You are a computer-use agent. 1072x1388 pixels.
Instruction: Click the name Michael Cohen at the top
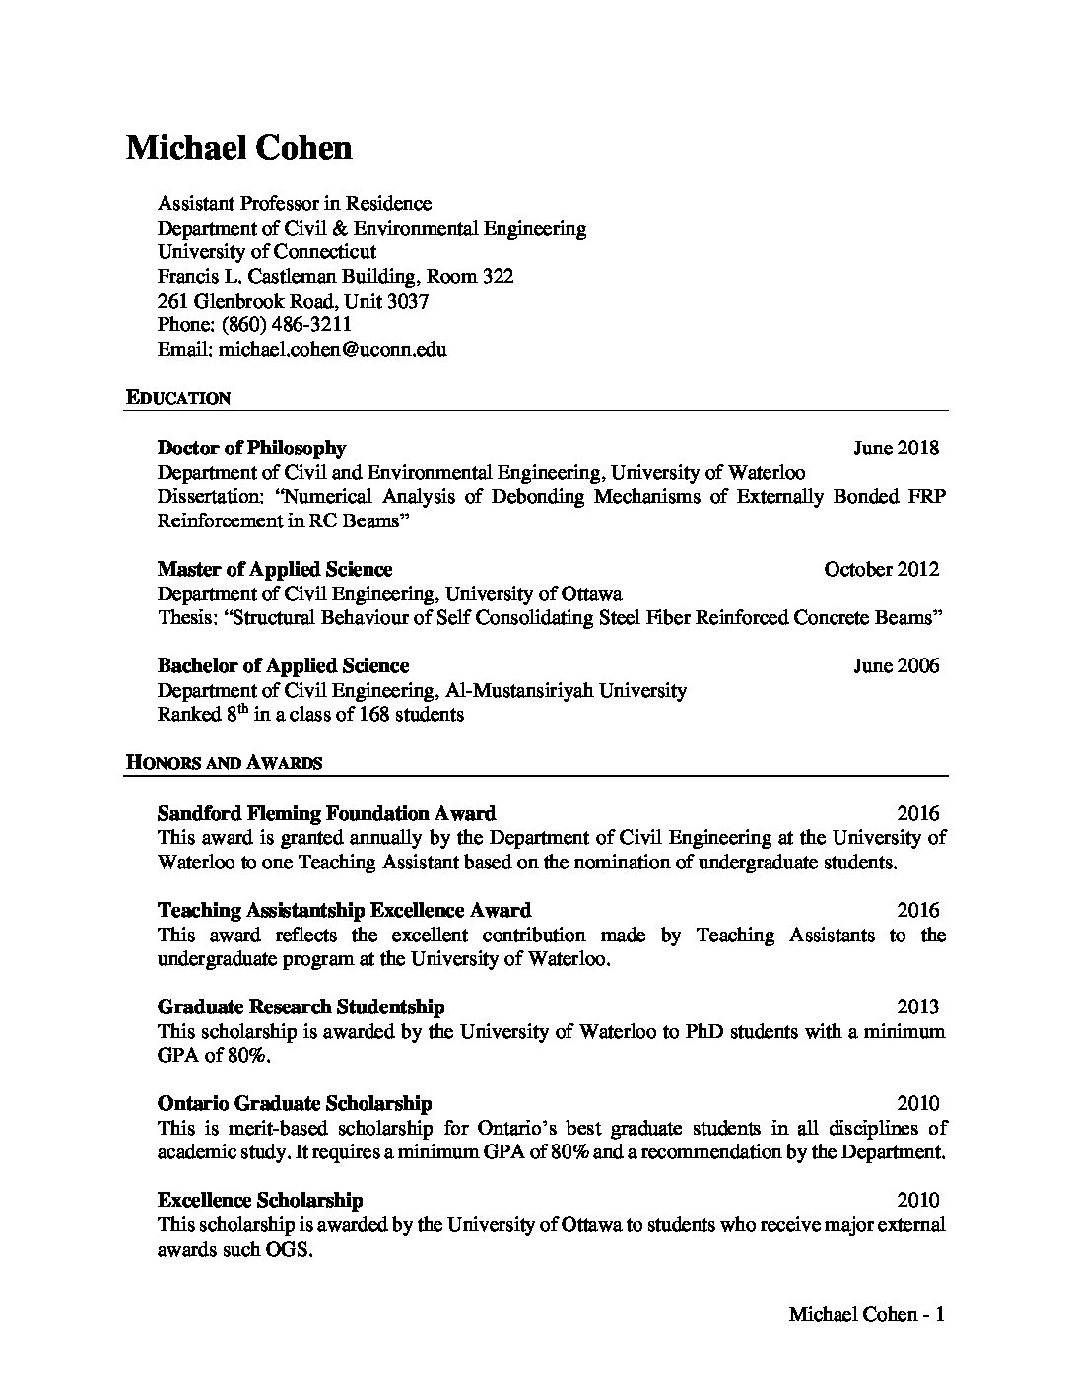pyautogui.click(x=239, y=148)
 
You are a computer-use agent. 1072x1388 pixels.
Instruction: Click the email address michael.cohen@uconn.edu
pyautogui.click(x=333, y=349)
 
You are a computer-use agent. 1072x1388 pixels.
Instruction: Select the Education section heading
pyautogui.click(x=178, y=398)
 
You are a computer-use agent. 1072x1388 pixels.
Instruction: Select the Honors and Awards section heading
pyautogui.click(x=224, y=762)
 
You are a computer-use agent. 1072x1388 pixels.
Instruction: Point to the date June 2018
pyautogui.click(x=896, y=448)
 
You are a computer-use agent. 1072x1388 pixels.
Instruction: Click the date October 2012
pyautogui.click(x=882, y=569)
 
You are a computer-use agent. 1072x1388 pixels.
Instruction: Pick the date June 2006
pyautogui.click(x=896, y=665)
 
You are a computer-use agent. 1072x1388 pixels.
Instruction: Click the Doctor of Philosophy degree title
pyautogui.click(x=251, y=448)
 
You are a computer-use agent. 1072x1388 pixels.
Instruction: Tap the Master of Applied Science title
pyautogui.click(x=275, y=569)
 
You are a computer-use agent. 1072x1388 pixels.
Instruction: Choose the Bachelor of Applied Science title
pyautogui.click(x=283, y=665)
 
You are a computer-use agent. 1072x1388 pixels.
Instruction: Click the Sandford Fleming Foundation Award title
pyautogui.click(x=326, y=813)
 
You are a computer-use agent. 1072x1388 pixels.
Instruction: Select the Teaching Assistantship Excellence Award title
pyautogui.click(x=344, y=910)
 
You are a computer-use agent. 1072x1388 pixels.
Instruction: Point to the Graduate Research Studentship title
pyautogui.click(x=301, y=1006)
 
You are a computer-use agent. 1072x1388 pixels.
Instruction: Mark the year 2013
pyautogui.click(x=918, y=1006)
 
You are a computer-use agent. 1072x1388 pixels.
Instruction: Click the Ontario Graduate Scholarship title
pyautogui.click(x=295, y=1103)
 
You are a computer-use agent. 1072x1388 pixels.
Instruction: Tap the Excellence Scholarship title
pyautogui.click(x=260, y=1200)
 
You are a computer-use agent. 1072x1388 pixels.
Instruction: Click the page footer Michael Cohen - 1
pyautogui.click(x=867, y=1314)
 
